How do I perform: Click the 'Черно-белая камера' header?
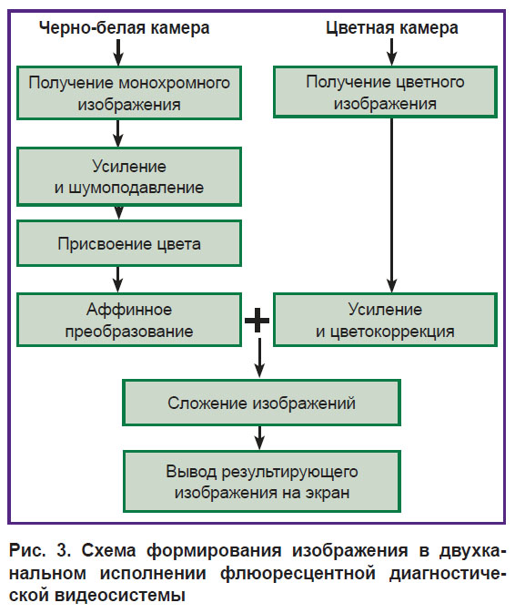pyautogui.click(x=124, y=28)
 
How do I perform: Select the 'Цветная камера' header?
pyautogui.click(x=391, y=28)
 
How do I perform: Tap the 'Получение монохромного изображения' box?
pyautogui.click(x=129, y=93)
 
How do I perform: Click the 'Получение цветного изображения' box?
pyautogui.click(x=386, y=92)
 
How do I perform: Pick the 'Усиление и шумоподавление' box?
pyautogui.click(x=129, y=177)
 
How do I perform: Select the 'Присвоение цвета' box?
pyautogui.click(x=129, y=243)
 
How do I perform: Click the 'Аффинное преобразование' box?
pyautogui.click(x=129, y=321)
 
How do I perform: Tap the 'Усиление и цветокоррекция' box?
pyautogui.click(x=386, y=321)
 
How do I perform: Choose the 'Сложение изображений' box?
pyautogui.click(x=262, y=403)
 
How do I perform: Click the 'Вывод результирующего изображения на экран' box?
pyautogui.click(x=262, y=482)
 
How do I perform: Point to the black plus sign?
pyautogui.click(x=257, y=321)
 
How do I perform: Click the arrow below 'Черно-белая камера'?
pyautogui.click(x=118, y=53)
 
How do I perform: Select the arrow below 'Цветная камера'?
pyautogui.click(x=391, y=53)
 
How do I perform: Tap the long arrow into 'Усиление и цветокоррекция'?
pyautogui.click(x=391, y=205)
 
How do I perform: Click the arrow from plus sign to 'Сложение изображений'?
pyautogui.click(x=259, y=358)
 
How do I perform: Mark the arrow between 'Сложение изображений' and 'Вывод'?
pyautogui.click(x=259, y=438)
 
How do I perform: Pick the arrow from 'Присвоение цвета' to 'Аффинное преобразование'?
pyautogui.click(x=118, y=280)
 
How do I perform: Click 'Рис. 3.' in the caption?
pyautogui.click(x=40, y=551)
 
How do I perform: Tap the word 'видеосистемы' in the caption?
pyautogui.click(x=119, y=596)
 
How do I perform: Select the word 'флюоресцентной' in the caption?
pyautogui.click(x=298, y=574)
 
